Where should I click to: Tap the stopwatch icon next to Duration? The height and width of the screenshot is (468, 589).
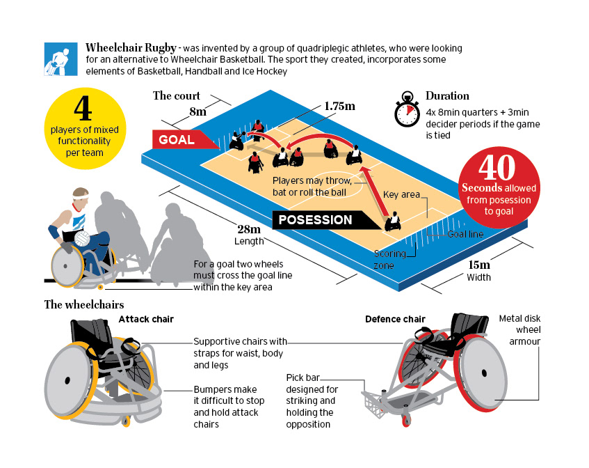pos(407,111)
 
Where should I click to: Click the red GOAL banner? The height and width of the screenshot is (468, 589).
pos(177,139)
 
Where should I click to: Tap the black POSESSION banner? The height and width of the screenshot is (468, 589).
pos(315,220)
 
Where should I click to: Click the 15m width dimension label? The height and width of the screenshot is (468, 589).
pos(478,265)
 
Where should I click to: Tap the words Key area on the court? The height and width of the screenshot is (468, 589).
pos(401,194)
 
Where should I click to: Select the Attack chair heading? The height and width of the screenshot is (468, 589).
pos(146,319)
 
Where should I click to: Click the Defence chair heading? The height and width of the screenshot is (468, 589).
pos(395,319)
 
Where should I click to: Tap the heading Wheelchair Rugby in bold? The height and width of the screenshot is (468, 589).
pos(130,47)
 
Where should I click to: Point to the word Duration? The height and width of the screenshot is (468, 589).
pos(447,96)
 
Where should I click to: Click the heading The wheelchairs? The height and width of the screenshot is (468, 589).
pos(84,304)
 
